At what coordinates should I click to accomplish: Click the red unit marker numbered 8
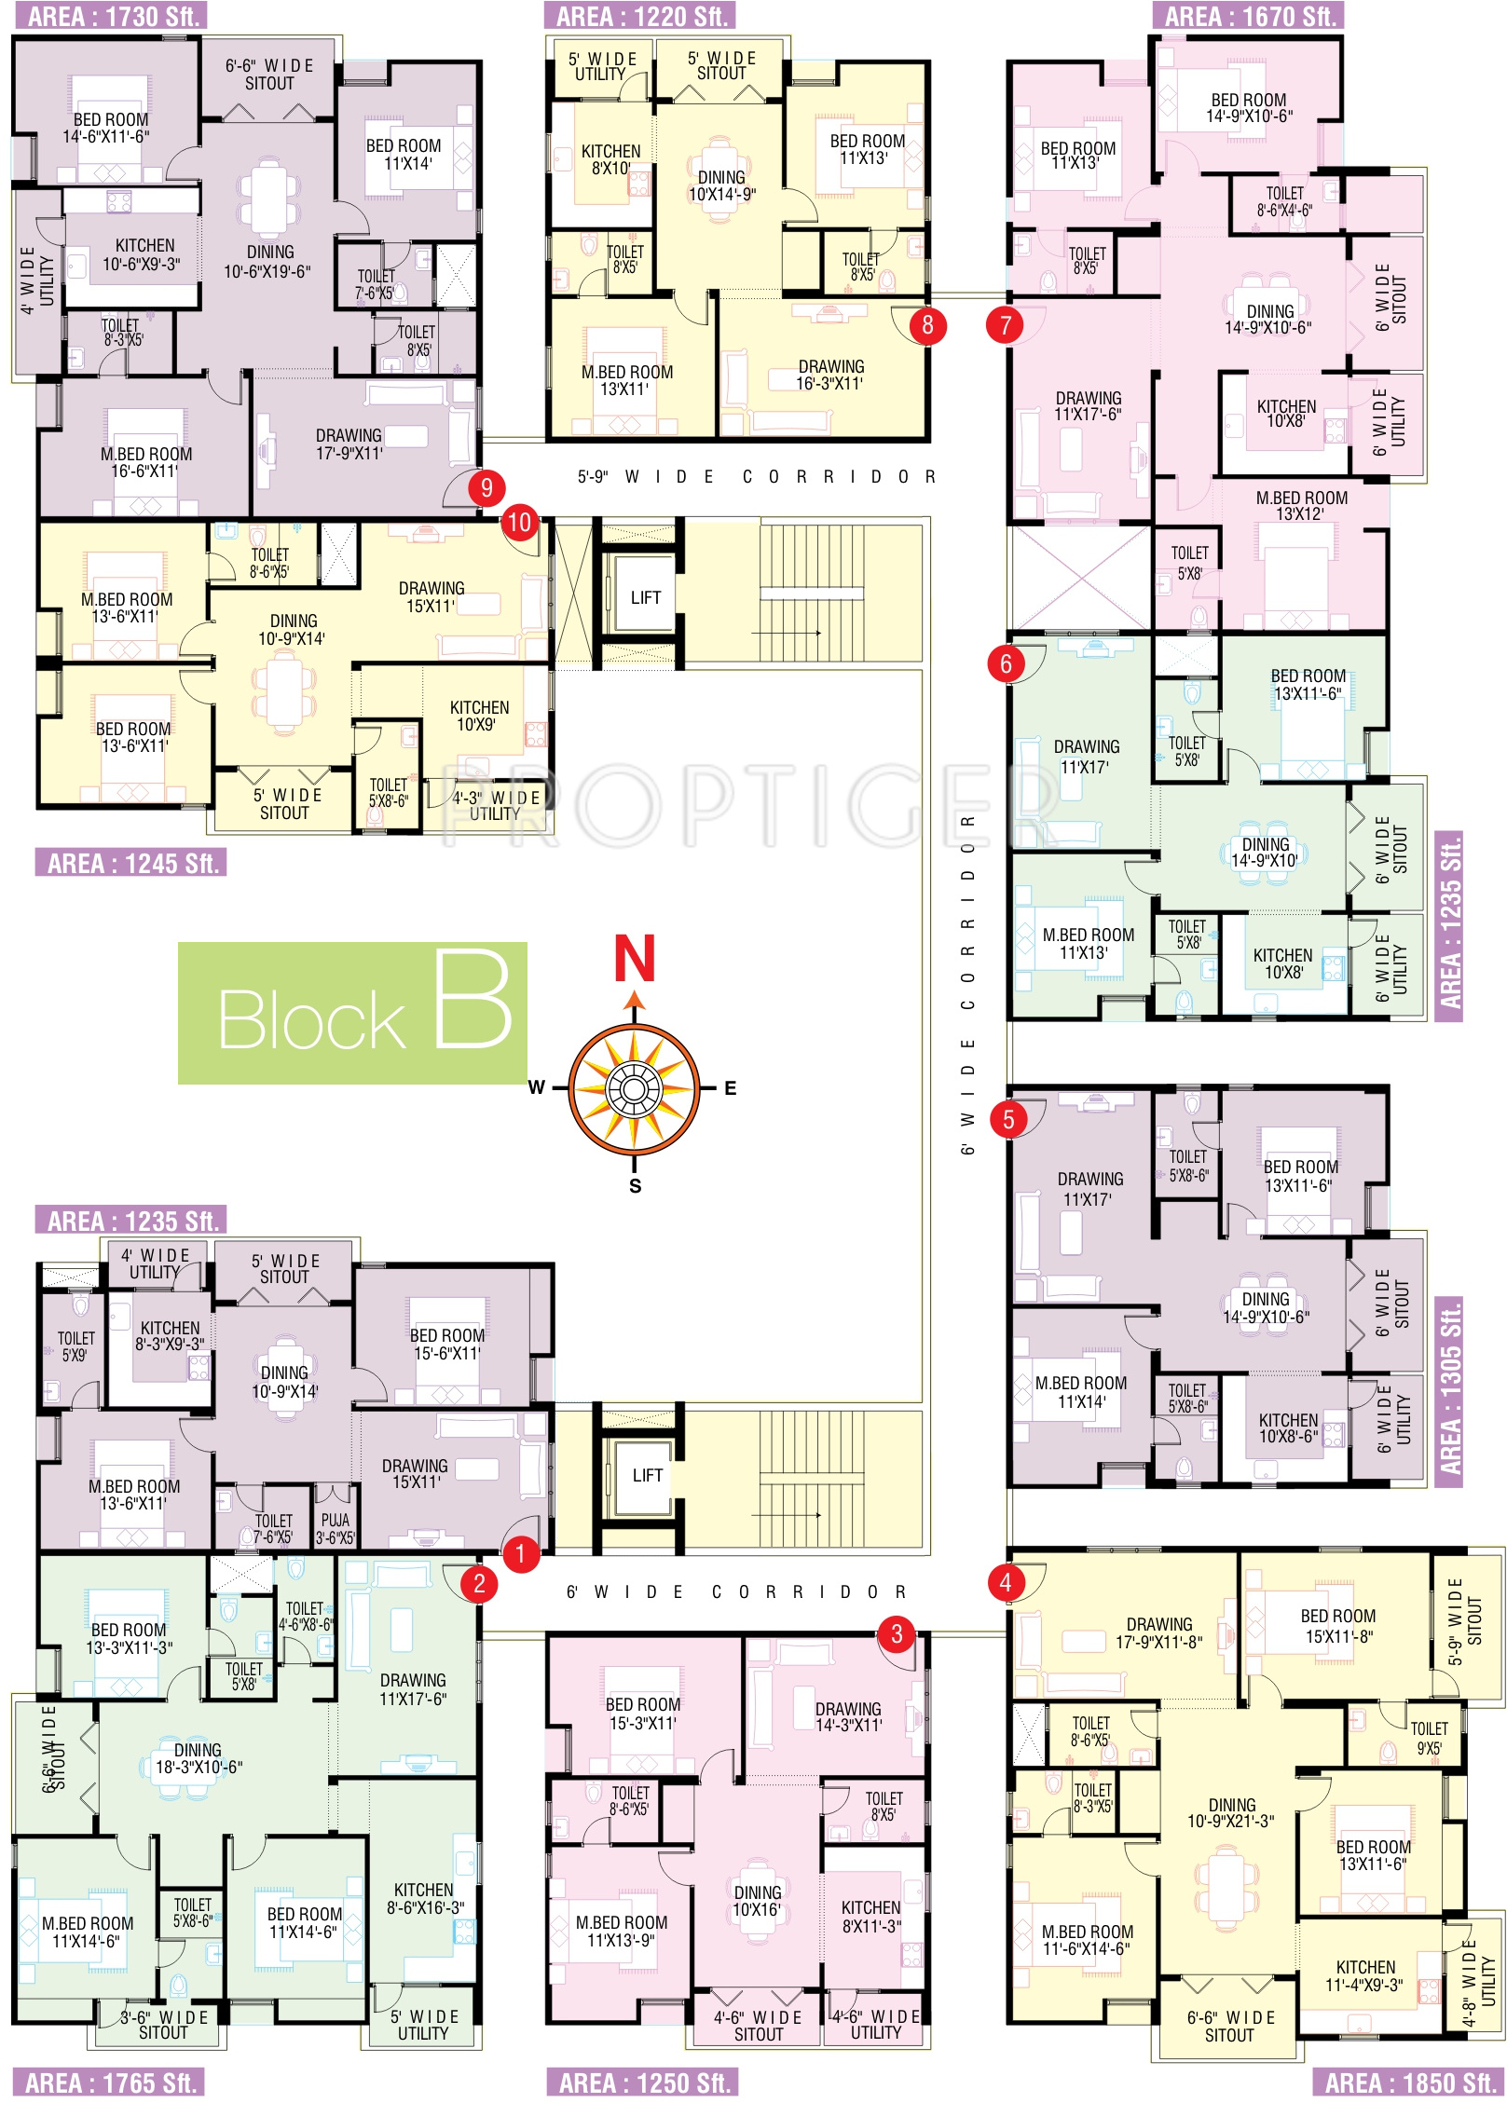[x=927, y=325]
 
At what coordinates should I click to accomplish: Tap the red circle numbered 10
[x=520, y=523]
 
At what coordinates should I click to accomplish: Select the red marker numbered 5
[x=1008, y=1119]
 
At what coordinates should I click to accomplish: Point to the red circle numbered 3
[x=897, y=1633]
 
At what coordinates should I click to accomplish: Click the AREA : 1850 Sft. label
[x=1408, y=2083]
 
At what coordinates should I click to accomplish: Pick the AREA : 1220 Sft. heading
[x=640, y=16]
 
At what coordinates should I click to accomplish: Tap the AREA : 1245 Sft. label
[x=131, y=863]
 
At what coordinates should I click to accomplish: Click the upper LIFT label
[x=645, y=597]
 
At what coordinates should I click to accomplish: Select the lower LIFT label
[x=647, y=1475]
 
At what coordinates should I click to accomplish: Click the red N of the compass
[x=635, y=959]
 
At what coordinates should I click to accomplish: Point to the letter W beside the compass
[x=537, y=1087]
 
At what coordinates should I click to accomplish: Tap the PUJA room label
[x=335, y=1528]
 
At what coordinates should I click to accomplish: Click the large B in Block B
[x=473, y=1002]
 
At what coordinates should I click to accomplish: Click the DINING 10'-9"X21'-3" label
[x=1231, y=1812]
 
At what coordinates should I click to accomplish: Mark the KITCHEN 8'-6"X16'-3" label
[x=424, y=1898]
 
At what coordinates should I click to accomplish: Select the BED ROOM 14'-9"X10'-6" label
[x=1248, y=108]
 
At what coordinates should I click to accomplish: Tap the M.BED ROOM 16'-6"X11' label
[x=146, y=462]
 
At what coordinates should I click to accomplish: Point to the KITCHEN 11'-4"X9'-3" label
[x=1364, y=1975]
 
